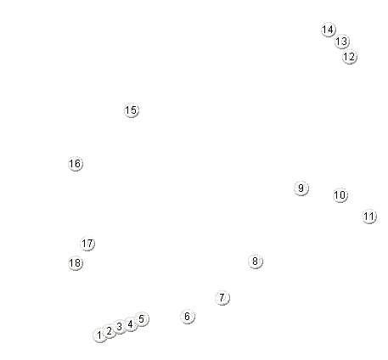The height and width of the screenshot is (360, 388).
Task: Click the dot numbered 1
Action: pyautogui.click(x=100, y=335)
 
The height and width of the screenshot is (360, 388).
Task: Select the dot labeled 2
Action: pyautogui.click(x=110, y=331)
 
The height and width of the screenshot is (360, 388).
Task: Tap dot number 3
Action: pyautogui.click(x=120, y=327)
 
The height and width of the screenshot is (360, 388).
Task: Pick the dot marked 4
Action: pyautogui.click(x=131, y=324)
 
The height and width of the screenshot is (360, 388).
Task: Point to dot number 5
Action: pyautogui.click(x=142, y=319)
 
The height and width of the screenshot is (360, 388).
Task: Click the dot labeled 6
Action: pyautogui.click(x=188, y=317)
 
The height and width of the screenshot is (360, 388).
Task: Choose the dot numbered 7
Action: pyautogui.click(x=222, y=298)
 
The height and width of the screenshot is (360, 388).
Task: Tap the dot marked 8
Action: pyautogui.click(x=256, y=262)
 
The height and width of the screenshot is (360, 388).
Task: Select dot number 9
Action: pyautogui.click(x=301, y=188)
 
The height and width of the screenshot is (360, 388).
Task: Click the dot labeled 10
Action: pyautogui.click(x=340, y=195)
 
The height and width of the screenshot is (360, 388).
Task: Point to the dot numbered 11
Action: pyautogui.click(x=369, y=217)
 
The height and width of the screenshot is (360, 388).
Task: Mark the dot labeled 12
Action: pyautogui.click(x=350, y=57)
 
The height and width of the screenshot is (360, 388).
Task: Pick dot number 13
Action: pyautogui.click(x=342, y=42)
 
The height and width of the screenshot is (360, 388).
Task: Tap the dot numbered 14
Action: pyautogui.click(x=329, y=30)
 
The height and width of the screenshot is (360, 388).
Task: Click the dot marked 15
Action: pyautogui.click(x=132, y=110)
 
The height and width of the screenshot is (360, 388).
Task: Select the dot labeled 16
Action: pyautogui.click(x=76, y=164)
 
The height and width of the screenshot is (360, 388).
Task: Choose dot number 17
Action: pyautogui.click(x=87, y=244)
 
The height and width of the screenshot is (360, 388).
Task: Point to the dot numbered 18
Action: pyautogui.click(x=76, y=263)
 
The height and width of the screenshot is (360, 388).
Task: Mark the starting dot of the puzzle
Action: pyautogui.click(x=100, y=335)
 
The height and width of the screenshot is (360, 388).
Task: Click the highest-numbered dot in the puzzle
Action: pyautogui.click(x=76, y=263)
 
